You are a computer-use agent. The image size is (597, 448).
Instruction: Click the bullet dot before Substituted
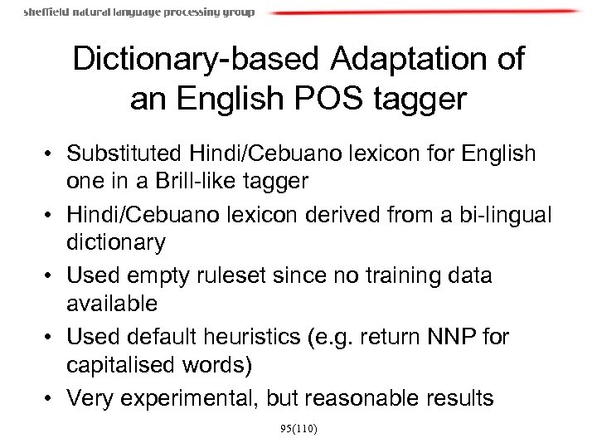coord(52,154)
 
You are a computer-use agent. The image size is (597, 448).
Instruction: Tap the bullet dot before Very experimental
coord(52,398)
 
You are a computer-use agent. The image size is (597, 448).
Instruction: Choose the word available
coord(112,304)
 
